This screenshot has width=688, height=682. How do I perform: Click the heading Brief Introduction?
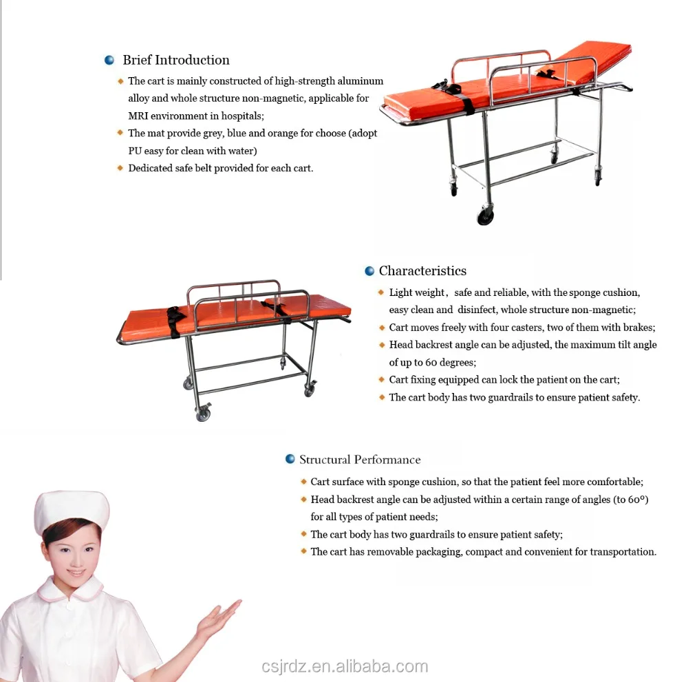pos(176,61)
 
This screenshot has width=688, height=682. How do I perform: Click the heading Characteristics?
pos(422,271)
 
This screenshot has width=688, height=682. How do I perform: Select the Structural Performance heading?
pos(360,460)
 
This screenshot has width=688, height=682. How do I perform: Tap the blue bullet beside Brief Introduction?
pos(109,61)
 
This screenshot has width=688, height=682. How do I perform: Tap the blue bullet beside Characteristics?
pos(369,271)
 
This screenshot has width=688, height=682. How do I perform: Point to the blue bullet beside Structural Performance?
pos(290,460)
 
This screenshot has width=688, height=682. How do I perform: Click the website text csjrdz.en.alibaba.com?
pos(345,666)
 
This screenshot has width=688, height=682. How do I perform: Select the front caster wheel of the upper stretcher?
pos(486,215)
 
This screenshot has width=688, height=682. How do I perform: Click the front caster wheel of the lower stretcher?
pos(202,414)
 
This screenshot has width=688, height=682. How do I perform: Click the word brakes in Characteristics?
pos(639,328)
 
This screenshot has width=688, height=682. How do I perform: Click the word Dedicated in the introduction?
pos(150,168)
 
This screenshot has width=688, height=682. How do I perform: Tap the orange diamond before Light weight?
pos(381,292)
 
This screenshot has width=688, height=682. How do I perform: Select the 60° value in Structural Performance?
pos(638,500)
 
